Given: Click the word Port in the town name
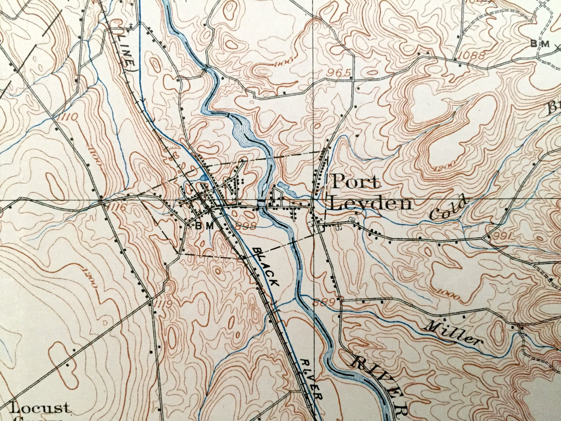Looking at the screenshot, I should [x=355, y=182].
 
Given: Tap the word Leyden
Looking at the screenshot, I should [x=370, y=204].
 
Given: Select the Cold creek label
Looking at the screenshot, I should [x=449, y=209].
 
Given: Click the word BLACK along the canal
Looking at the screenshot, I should [x=266, y=267].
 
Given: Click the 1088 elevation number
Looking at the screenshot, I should [x=471, y=55].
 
